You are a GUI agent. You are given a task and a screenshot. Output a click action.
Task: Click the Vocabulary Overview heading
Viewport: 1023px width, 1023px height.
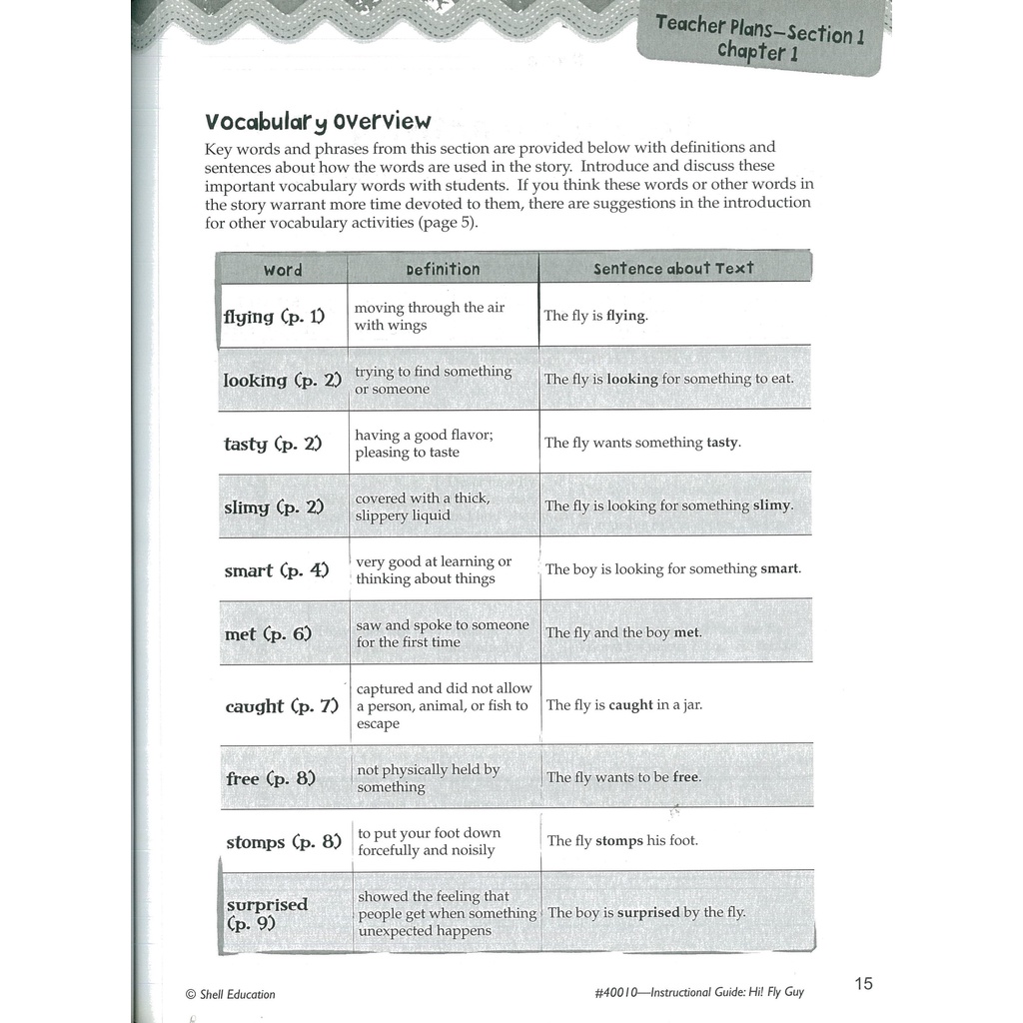tap(318, 122)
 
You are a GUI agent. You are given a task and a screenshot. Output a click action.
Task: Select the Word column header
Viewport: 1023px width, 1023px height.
tap(283, 270)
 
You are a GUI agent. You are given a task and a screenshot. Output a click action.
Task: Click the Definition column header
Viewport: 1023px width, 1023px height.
tap(443, 270)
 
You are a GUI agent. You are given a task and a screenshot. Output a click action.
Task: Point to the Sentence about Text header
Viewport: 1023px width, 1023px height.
tap(673, 269)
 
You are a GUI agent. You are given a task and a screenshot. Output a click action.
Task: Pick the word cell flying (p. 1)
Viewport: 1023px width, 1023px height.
tap(274, 317)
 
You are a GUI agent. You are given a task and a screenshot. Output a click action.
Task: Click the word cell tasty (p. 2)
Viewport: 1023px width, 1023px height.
tap(272, 444)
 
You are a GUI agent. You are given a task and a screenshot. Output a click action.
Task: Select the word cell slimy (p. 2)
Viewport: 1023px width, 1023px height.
tap(274, 508)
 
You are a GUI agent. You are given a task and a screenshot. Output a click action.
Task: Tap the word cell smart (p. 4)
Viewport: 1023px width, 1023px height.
tap(276, 571)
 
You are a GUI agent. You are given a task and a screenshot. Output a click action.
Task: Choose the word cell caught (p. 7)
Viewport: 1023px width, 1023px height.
tap(282, 706)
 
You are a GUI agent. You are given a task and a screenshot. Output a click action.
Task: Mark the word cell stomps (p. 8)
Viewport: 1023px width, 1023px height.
tap(284, 842)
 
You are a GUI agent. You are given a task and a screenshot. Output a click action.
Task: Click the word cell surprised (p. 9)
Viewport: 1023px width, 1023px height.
tap(268, 914)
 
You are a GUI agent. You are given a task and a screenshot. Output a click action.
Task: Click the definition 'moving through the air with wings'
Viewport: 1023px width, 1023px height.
tap(430, 317)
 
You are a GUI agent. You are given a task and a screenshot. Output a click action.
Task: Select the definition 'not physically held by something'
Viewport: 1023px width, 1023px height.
tap(429, 778)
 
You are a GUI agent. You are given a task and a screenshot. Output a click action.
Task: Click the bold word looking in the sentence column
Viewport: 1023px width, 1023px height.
tap(630, 380)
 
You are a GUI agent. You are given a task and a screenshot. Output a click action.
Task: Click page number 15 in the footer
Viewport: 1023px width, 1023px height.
tap(863, 984)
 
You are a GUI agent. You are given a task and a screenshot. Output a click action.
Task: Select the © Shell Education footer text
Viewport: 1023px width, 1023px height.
tap(230, 994)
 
